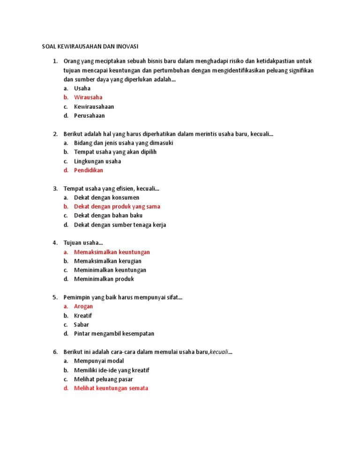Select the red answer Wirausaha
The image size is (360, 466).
(88, 98)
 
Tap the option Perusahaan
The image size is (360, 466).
(90, 115)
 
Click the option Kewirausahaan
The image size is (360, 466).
(94, 106)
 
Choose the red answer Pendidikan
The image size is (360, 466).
(89, 170)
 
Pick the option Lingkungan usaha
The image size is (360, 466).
(97, 161)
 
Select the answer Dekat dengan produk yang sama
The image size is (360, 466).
(117, 206)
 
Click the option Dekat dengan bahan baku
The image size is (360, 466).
(108, 216)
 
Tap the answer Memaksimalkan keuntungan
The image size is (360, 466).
(112, 252)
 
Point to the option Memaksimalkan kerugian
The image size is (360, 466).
(108, 261)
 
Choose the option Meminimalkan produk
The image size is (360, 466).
(104, 279)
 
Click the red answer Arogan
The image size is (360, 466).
(83, 306)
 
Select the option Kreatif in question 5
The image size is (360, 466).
(83, 316)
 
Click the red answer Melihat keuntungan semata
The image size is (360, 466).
(111, 388)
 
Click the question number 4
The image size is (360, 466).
(55, 243)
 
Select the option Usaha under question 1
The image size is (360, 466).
(82, 88)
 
